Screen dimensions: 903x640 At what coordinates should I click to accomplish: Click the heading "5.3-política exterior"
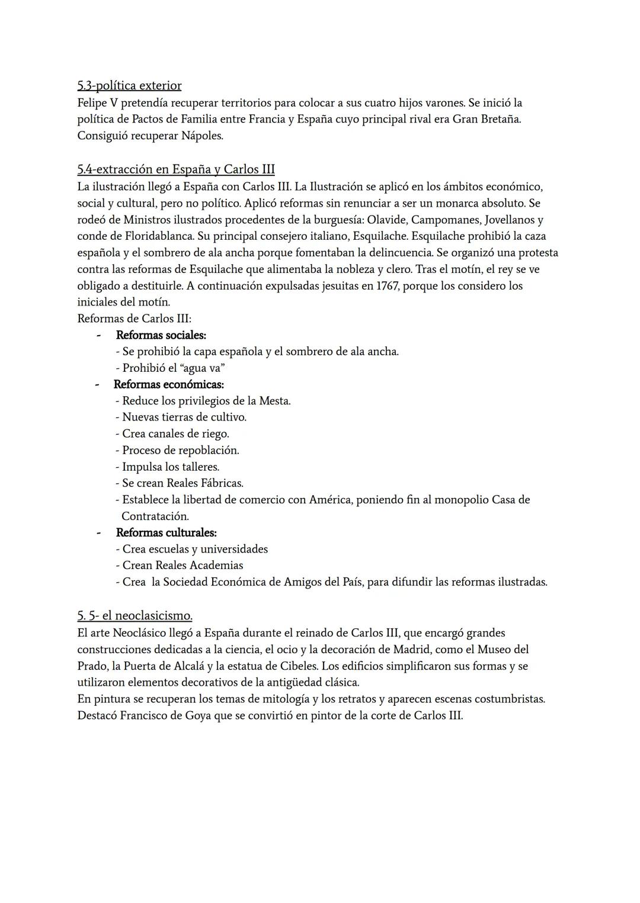pyautogui.click(x=129, y=86)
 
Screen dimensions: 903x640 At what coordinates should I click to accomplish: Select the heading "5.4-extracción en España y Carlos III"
pyautogui.click(x=175, y=169)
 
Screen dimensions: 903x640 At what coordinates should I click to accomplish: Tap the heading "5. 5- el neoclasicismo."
pyautogui.click(x=135, y=616)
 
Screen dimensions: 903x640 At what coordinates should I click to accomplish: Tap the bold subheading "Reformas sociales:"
pyautogui.click(x=161, y=335)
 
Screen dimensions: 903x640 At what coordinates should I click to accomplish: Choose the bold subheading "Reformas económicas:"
pyautogui.click(x=168, y=384)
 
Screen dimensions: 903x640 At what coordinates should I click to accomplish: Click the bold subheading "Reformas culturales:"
pyautogui.click(x=166, y=532)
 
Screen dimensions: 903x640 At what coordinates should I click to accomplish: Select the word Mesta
pyautogui.click(x=274, y=401)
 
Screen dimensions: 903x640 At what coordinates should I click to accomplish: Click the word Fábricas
pyautogui.click(x=222, y=483)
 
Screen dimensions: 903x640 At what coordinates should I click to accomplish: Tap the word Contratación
pyautogui.click(x=155, y=516)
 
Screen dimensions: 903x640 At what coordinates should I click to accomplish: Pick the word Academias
pyautogui.click(x=216, y=565)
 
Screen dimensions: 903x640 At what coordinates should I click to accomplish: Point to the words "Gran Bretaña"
pyautogui.click(x=487, y=119)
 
